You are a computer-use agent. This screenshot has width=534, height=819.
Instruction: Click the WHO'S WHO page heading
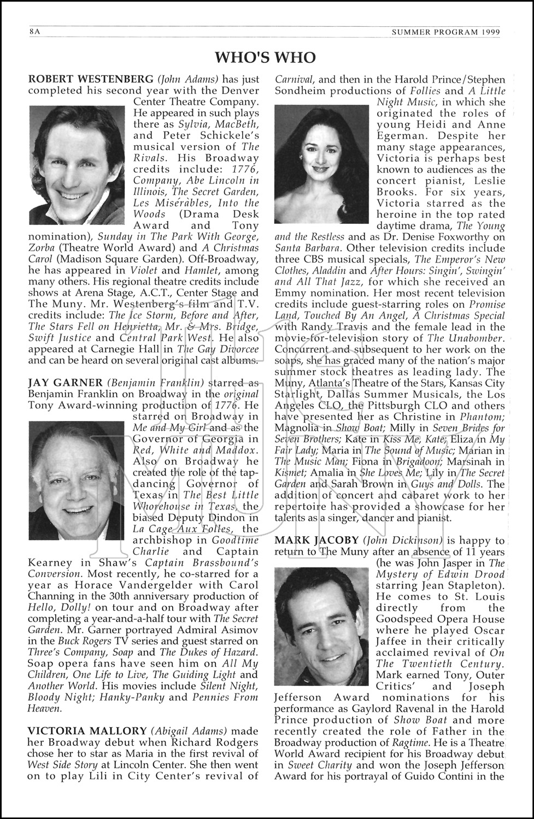265,57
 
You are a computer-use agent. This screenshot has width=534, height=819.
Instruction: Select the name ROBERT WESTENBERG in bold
91,79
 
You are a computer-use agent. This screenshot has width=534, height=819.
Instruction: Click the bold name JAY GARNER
65,382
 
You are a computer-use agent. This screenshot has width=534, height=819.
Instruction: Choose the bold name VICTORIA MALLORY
87,731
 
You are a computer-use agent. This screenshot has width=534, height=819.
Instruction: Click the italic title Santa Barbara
300,248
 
